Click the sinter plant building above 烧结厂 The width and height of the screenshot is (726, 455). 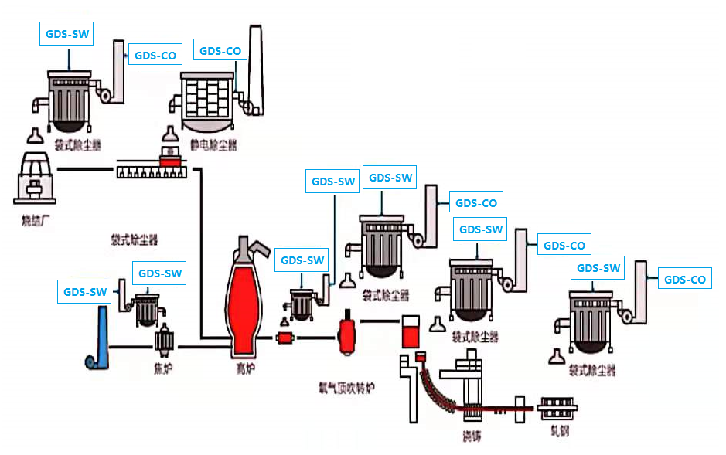click(36, 179)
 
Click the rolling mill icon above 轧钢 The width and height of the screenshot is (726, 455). click(558, 409)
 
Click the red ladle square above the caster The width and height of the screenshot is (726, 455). click(410, 332)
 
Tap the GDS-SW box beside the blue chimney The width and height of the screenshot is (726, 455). click(85, 292)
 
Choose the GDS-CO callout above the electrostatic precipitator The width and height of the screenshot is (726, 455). click(220, 51)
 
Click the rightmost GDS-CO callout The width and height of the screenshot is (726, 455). click(685, 280)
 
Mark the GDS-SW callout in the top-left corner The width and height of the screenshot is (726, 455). click(66, 34)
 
